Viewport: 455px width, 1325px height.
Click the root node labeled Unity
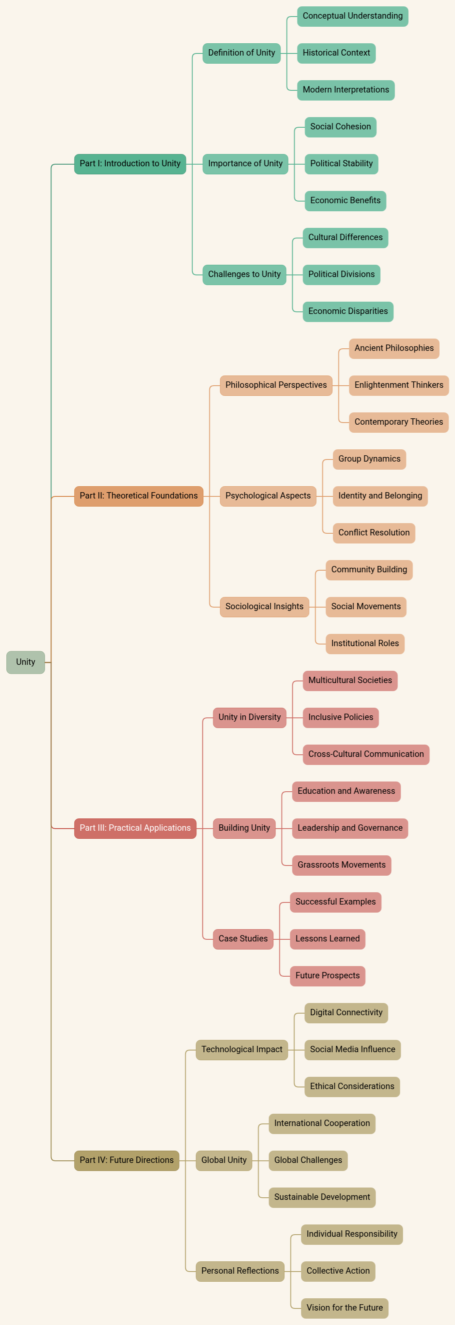tap(25, 662)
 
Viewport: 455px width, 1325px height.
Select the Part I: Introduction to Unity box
tap(130, 164)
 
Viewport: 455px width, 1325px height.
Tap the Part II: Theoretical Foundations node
tap(138, 496)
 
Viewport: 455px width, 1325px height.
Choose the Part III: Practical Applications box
tap(135, 828)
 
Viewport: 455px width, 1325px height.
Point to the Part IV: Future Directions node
tap(126, 1160)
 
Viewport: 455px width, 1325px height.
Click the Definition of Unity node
tap(242, 53)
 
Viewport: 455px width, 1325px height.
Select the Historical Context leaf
tap(336, 53)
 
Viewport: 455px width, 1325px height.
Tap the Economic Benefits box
tap(345, 201)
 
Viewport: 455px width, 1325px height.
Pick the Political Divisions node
tap(341, 274)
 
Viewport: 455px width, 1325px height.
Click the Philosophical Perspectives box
tap(276, 385)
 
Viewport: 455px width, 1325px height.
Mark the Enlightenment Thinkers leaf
tap(399, 385)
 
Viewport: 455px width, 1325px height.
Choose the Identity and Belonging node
tap(380, 496)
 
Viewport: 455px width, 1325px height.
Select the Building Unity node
tap(244, 828)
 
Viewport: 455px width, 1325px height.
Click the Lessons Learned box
tap(327, 939)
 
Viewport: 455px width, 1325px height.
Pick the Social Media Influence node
tap(352, 1049)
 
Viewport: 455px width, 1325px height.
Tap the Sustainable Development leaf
tap(322, 1197)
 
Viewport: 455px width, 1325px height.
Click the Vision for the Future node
tap(344, 1308)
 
